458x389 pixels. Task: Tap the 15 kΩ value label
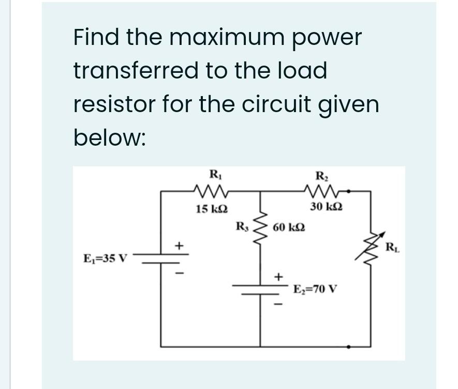212,209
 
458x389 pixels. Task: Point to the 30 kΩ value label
327,207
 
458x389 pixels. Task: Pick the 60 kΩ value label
289,227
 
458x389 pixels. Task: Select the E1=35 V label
106,258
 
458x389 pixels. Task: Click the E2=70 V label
315,289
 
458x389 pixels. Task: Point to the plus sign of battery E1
179,245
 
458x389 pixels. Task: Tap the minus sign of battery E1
179,273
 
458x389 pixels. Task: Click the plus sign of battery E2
278,276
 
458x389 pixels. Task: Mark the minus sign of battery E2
278,304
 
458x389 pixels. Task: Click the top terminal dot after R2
349,191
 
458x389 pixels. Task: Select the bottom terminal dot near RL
349,347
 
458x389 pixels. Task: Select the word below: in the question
109,137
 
